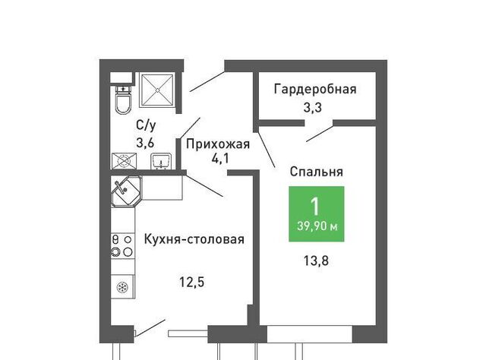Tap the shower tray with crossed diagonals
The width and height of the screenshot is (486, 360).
pyautogui.click(x=157, y=90)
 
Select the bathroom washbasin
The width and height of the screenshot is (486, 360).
pyautogui.click(x=160, y=162)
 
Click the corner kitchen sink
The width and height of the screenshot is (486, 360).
pyautogui.click(x=126, y=191)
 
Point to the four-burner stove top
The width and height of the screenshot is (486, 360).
pyautogui.click(x=123, y=246)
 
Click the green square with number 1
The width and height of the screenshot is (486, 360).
pyautogui.click(x=317, y=214)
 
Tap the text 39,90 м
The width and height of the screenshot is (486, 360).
pyautogui.click(x=317, y=226)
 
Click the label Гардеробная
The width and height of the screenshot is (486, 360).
pyautogui.click(x=315, y=90)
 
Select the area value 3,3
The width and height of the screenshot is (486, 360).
pyautogui.click(x=312, y=108)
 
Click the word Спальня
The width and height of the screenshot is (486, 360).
pyautogui.click(x=317, y=172)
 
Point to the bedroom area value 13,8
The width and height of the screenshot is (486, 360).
pyautogui.click(x=316, y=261)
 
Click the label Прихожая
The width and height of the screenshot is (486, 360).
pyautogui.click(x=218, y=144)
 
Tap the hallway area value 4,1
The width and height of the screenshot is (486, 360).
pyautogui.click(x=219, y=159)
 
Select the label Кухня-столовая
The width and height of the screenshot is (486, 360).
pyautogui.click(x=194, y=239)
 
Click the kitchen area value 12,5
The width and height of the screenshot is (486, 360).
pyautogui.click(x=192, y=283)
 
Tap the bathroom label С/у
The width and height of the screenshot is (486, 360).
pyautogui.click(x=146, y=125)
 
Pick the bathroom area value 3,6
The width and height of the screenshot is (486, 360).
pyautogui.click(x=145, y=144)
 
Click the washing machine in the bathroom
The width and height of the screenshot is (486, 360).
pyautogui.click(x=124, y=161)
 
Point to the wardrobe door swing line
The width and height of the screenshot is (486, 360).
pyautogui.click(x=320, y=134)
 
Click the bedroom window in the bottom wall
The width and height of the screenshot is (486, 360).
pyautogui.click(x=310, y=334)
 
